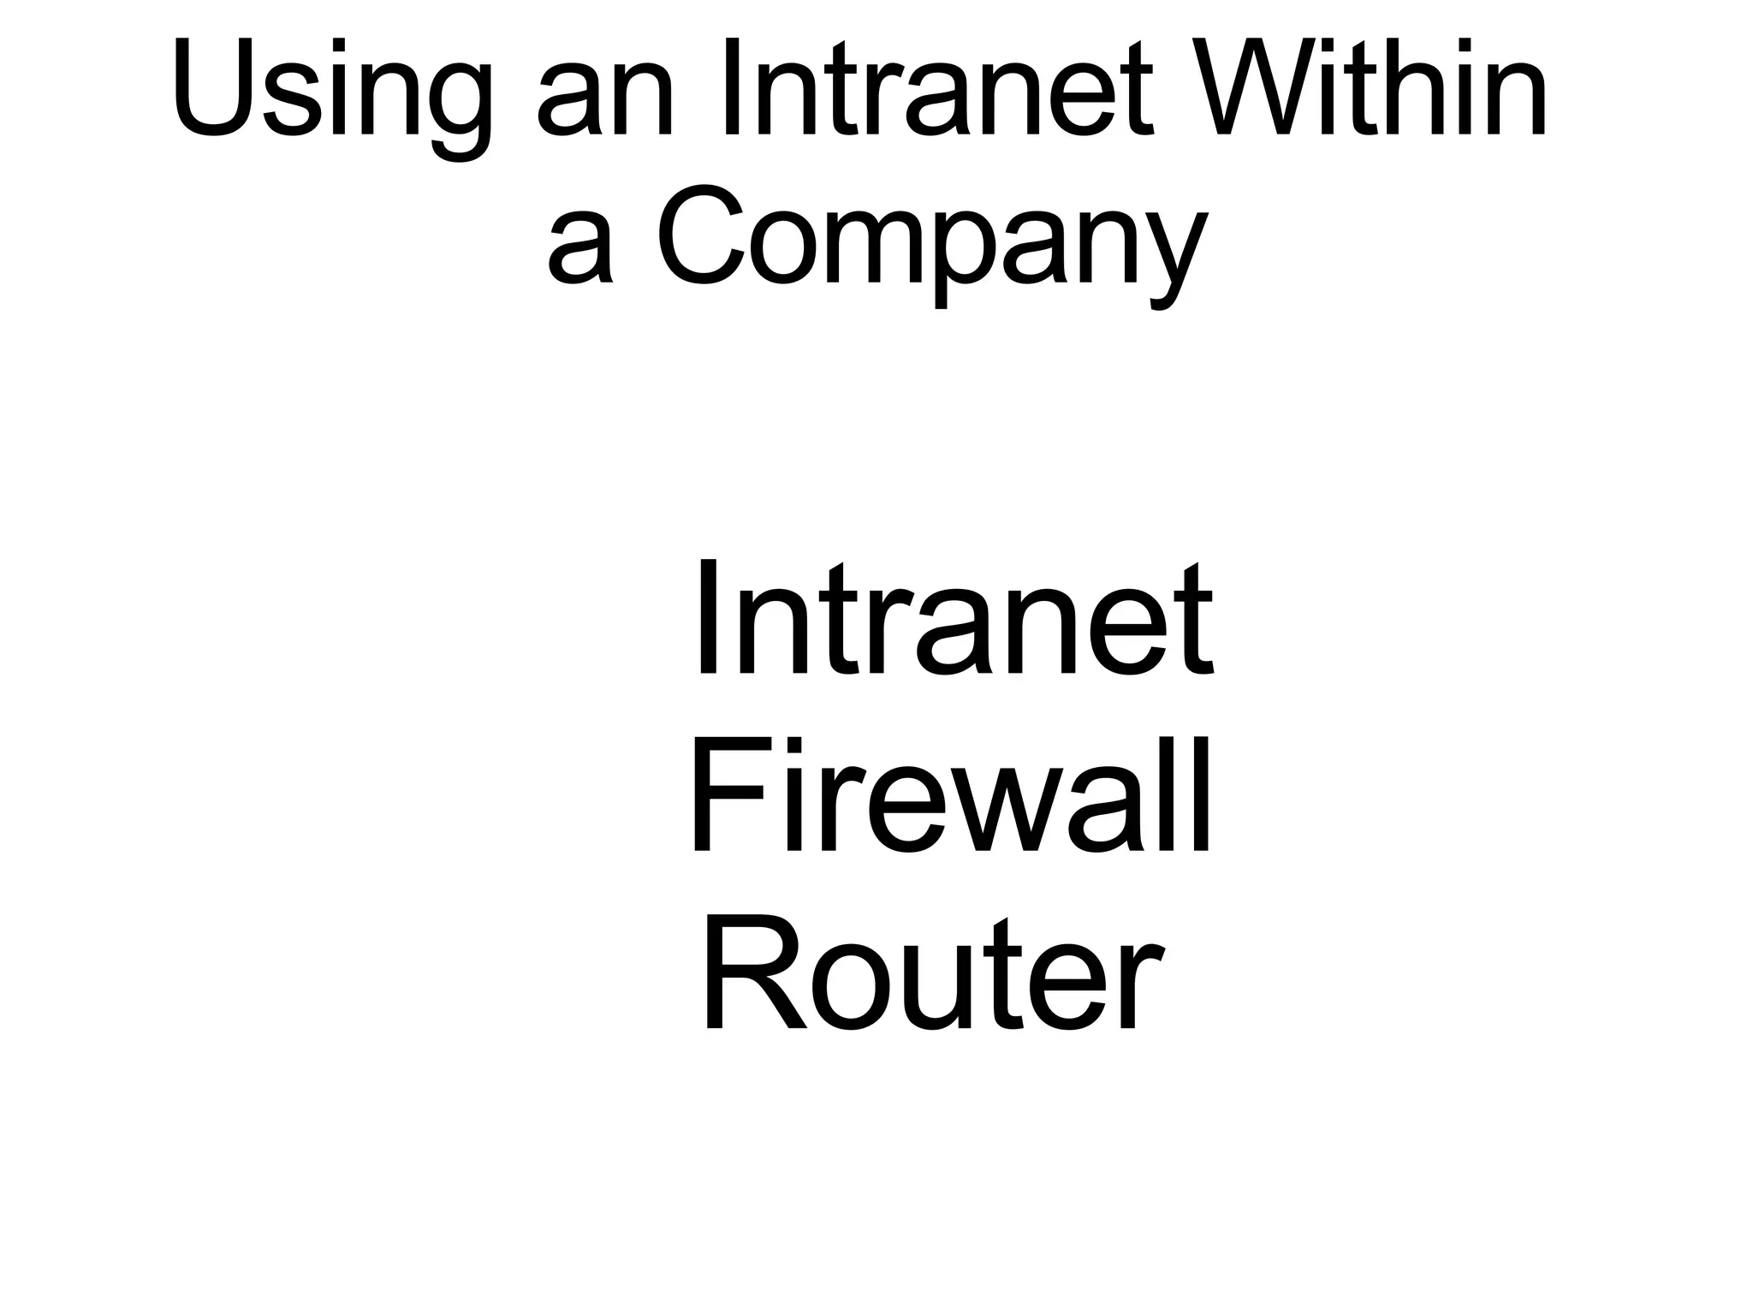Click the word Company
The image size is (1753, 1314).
(x=933, y=240)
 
